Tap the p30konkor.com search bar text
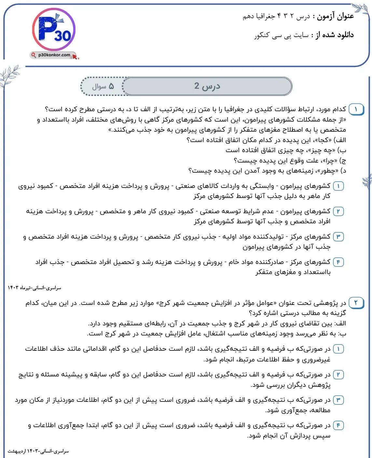54,55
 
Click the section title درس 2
207,86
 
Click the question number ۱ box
356,109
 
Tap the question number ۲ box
356,303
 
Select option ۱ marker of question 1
338,186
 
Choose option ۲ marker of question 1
338,212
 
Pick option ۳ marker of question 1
338,237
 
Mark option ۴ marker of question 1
338,262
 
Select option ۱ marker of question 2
338,349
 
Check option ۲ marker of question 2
338,375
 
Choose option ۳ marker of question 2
338,400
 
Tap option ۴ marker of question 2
338,425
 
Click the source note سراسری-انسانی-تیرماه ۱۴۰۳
34,288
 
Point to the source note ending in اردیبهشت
38,451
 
